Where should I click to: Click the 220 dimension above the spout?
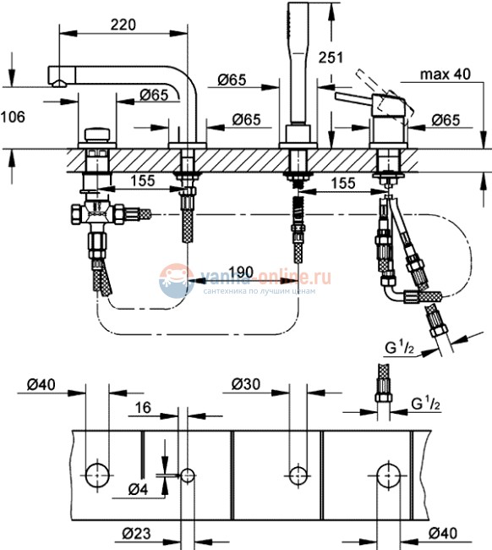tap(123, 26)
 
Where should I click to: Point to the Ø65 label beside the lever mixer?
tap(445, 121)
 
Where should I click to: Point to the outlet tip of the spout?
tap(57, 83)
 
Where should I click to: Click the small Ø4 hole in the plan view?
tap(188, 475)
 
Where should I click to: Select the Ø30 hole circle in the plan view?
tap(297, 475)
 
